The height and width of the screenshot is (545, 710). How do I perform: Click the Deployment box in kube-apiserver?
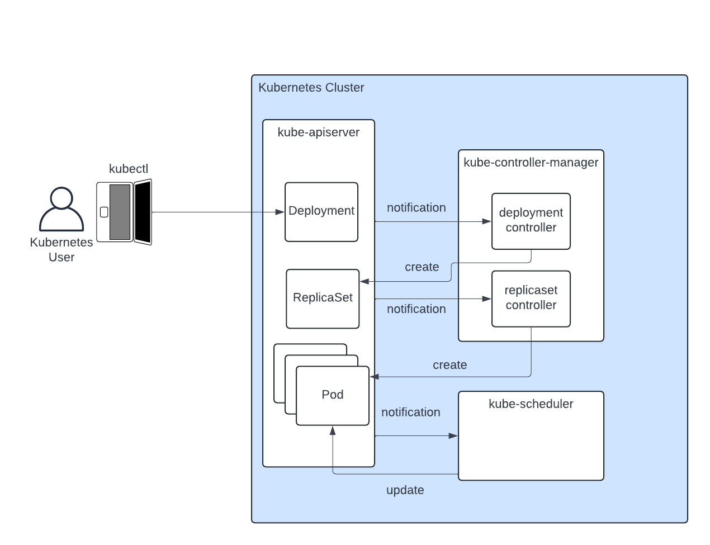pyautogui.click(x=321, y=212)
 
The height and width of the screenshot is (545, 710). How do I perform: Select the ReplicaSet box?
pyautogui.click(x=323, y=298)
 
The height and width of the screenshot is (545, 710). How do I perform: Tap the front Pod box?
pyautogui.click(x=333, y=395)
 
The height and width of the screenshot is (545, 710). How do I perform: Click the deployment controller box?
pyautogui.click(x=531, y=221)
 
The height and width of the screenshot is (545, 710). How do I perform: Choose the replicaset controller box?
pyautogui.click(x=531, y=298)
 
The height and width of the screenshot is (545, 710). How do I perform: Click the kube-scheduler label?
pyautogui.click(x=531, y=404)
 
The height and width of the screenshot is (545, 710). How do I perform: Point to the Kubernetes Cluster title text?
pyautogui.click(x=311, y=88)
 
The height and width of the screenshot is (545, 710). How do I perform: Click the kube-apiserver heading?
pyautogui.click(x=318, y=132)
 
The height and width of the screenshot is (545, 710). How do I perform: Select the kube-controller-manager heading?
pyautogui.click(x=531, y=163)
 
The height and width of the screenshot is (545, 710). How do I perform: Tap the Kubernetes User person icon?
pyautogui.click(x=61, y=210)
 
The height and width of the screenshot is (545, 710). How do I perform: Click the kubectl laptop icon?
pyautogui.click(x=124, y=212)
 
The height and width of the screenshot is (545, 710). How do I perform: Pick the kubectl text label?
pyautogui.click(x=129, y=169)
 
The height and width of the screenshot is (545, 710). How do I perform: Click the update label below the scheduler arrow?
pyautogui.click(x=405, y=490)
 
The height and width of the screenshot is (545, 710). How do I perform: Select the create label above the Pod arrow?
pyautogui.click(x=449, y=365)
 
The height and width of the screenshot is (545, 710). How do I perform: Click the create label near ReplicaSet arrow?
pyautogui.click(x=422, y=267)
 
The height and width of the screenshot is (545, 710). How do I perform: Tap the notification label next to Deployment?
pyautogui.click(x=416, y=208)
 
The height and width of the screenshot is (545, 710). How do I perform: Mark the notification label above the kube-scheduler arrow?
pyautogui.click(x=410, y=413)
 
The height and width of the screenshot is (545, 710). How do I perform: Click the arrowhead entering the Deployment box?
pyautogui.click(x=281, y=212)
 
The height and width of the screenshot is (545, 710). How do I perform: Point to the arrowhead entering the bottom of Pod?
pyautogui.click(x=333, y=430)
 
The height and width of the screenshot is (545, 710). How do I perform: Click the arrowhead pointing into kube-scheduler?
pyautogui.click(x=453, y=435)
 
